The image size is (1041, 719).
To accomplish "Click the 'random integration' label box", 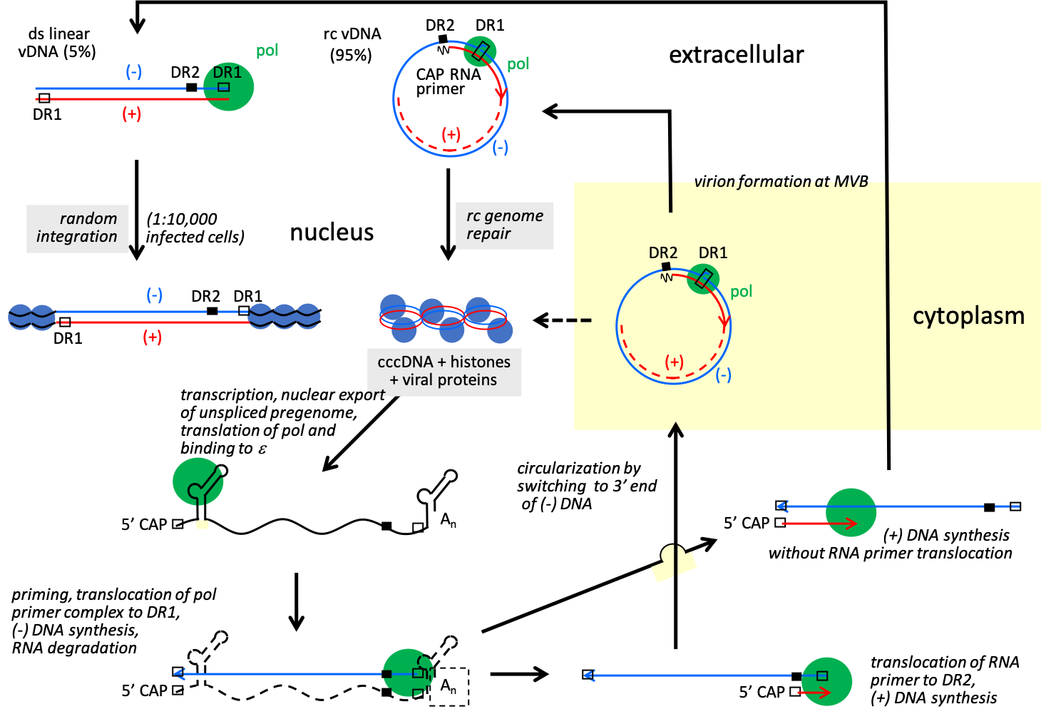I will click(78, 228).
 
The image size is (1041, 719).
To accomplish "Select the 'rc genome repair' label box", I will click(505, 225).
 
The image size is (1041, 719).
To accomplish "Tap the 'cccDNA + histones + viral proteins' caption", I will click(444, 372).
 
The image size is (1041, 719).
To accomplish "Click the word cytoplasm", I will click(968, 316).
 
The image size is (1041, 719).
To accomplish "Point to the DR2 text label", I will click(662, 253).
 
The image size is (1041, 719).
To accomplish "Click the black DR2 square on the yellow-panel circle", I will click(666, 267).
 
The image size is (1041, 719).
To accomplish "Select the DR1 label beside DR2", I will click(713, 253).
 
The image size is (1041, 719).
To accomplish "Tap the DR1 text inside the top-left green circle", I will click(227, 73).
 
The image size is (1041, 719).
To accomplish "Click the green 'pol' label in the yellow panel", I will click(742, 292).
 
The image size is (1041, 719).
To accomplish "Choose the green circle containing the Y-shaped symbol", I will click(198, 481).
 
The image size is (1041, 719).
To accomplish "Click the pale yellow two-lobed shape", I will click(674, 564).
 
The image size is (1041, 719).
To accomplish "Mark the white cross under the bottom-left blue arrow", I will click(202, 689).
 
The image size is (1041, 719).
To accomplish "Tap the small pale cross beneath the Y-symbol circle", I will click(202, 524).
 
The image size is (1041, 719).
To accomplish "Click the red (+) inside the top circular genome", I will click(451, 135).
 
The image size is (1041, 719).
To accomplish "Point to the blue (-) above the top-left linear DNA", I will click(134, 71).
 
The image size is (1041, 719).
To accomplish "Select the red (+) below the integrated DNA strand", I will click(153, 337).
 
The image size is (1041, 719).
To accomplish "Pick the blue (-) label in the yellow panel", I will click(724, 375).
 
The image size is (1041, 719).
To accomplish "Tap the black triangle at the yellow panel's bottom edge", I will click(676, 427).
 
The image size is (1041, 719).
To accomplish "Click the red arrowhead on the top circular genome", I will click(501, 93).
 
